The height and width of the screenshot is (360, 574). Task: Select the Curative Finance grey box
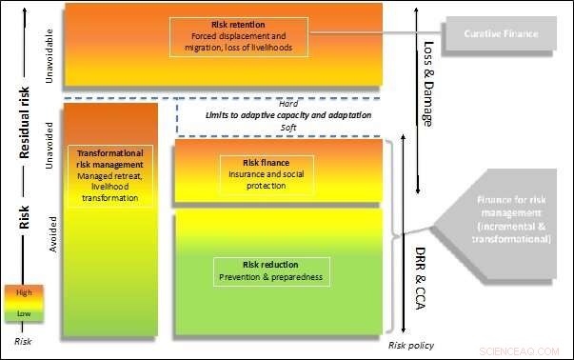tap(502, 34)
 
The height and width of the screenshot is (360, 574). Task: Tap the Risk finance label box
tap(251, 173)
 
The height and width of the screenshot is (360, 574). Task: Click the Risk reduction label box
tap(270, 270)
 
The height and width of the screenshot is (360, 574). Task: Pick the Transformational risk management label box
tap(109, 174)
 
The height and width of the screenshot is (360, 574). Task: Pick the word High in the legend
tap(24, 293)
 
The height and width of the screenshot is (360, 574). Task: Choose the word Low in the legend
tap(24, 311)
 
